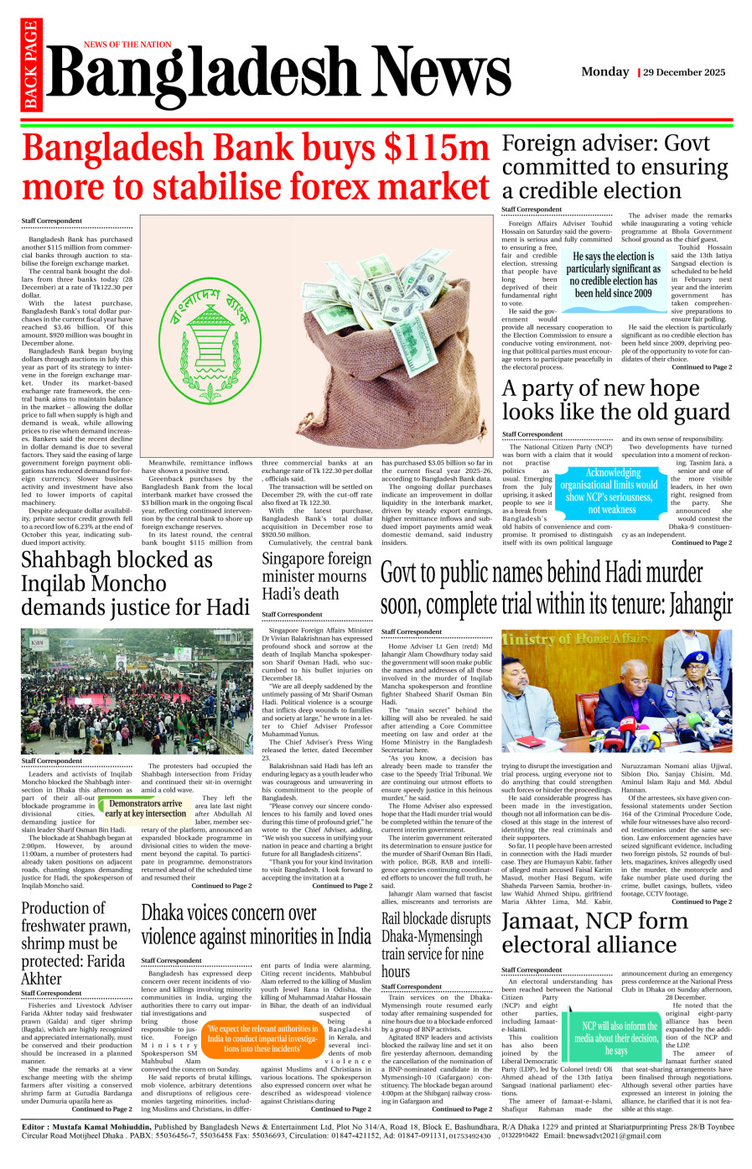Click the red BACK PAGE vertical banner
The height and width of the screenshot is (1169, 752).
point(31,65)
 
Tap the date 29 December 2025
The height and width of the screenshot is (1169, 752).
point(684,72)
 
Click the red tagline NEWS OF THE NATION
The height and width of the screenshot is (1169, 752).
point(127,44)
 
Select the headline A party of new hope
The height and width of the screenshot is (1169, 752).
point(615,400)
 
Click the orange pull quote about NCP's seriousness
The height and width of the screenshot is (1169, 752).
point(609,491)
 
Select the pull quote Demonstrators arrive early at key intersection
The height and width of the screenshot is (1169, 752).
point(145,808)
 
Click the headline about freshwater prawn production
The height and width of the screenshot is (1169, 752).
point(76,943)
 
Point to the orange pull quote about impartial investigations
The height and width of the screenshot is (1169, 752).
point(263,1038)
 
